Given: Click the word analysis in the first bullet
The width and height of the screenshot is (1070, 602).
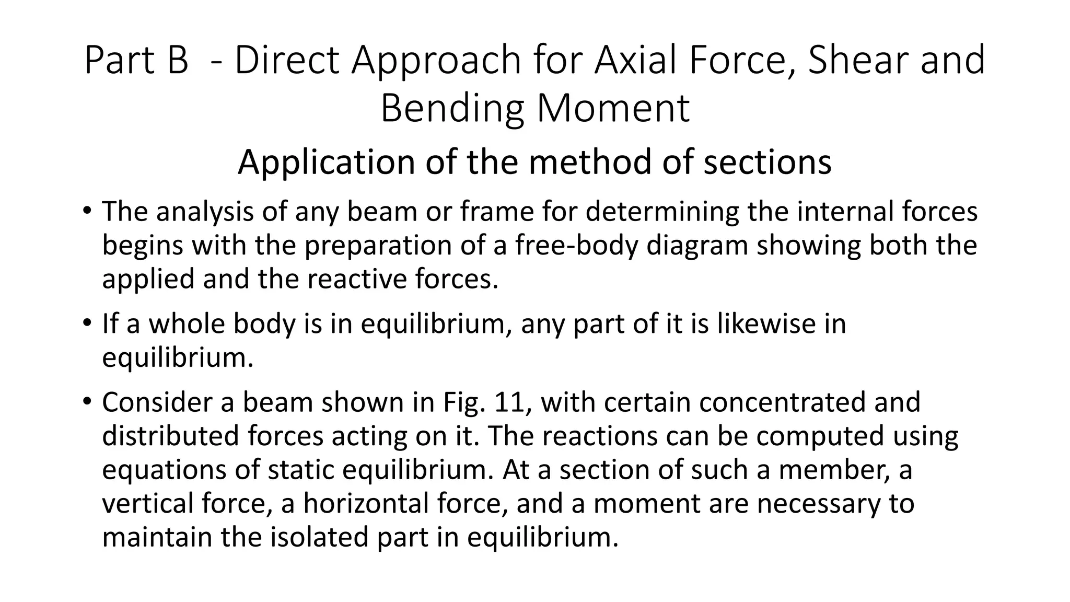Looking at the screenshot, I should tap(206, 212).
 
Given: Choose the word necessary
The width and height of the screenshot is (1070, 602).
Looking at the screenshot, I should tap(807, 503).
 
